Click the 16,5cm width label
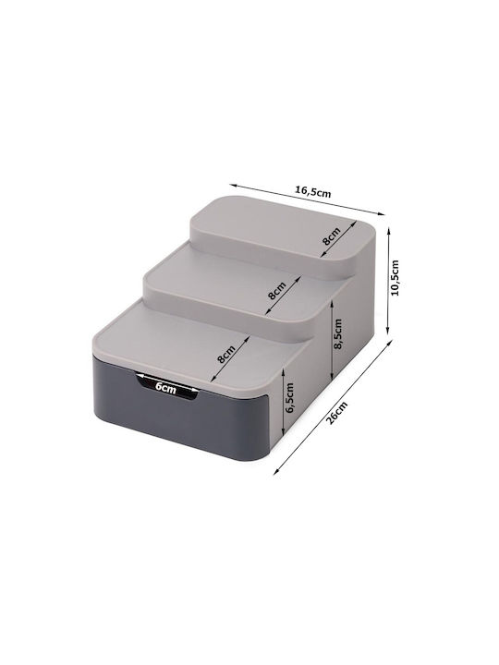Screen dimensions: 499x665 point(313,192)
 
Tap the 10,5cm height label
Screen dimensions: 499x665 point(396,277)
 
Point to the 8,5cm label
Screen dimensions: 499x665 point(338,333)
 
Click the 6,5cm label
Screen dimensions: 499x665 point(290,398)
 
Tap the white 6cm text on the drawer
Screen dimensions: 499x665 point(165,387)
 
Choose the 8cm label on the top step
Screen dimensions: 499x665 point(332,236)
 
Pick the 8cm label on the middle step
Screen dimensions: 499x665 point(277,291)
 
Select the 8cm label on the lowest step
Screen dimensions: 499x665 point(225,353)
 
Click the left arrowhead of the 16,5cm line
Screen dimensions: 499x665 point(231,185)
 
